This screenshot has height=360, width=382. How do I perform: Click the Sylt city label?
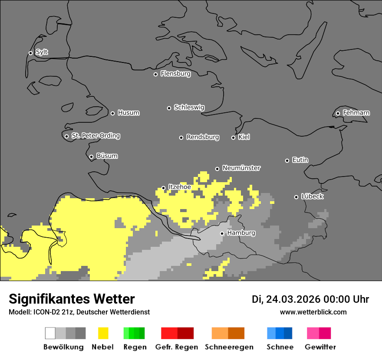click(42, 52)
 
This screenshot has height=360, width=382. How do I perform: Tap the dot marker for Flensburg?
click(155, 74)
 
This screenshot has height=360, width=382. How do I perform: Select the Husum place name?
click(128, 113)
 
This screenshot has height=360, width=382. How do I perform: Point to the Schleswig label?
click(189, 107)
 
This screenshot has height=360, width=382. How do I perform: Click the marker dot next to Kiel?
click(233, 137)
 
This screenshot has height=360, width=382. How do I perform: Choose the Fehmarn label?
click(356, 113)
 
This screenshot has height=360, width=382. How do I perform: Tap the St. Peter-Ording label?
click(95, 136)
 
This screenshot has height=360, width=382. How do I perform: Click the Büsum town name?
click(107, 156)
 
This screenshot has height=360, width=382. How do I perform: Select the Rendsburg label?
click(202, 137)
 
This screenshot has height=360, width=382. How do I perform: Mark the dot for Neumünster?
click(217, 169)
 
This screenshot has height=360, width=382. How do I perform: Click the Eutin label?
click(300, 160)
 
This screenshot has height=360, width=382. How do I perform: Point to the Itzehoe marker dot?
click(163, 188)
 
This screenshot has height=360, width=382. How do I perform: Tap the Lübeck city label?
click(312, 196)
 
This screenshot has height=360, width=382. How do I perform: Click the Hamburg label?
click(241, 233)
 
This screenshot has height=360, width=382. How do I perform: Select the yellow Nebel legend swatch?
click(103, 333)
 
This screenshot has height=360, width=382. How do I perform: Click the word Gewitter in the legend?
click(320, 347)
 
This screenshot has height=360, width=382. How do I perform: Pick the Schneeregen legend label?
click(229, 347)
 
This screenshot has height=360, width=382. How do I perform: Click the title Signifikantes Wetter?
click(72, 299)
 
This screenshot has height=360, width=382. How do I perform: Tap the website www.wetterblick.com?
click(313, 312)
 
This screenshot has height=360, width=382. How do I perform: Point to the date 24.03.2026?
click(293, 299)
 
